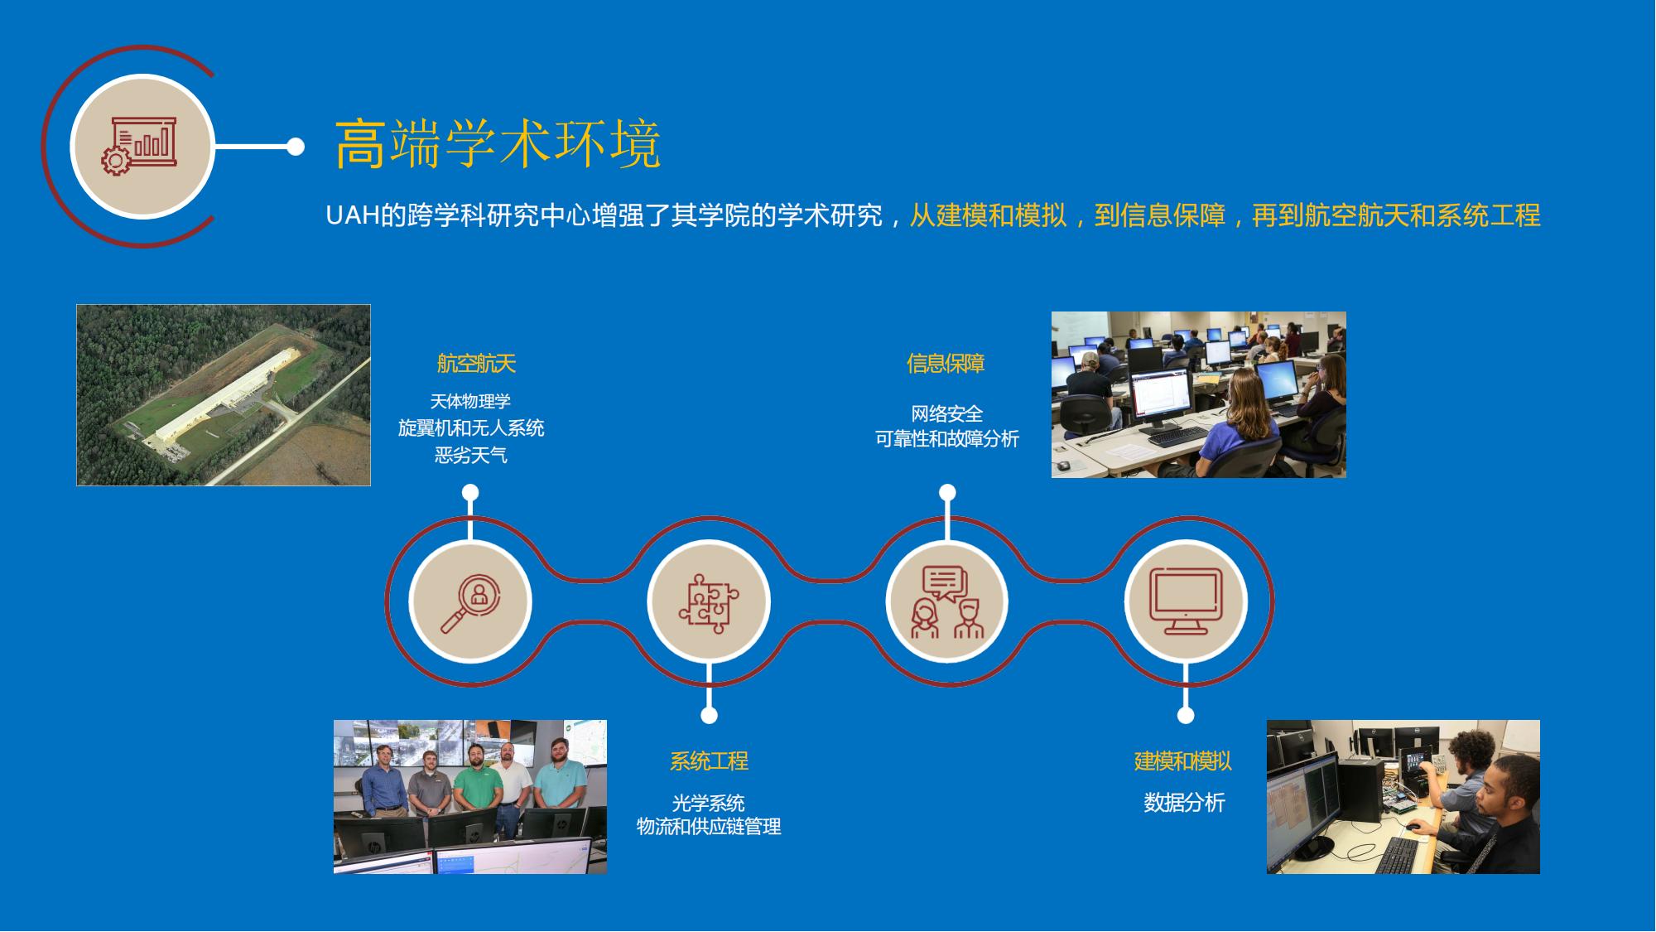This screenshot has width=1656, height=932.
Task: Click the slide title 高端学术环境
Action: coord(498,144)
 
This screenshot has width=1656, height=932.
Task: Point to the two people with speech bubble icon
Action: coord(947,602)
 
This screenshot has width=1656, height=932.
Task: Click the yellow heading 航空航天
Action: coord(476,363)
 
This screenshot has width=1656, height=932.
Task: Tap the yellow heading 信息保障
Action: coord(946,363)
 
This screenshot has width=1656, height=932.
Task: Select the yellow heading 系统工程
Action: coord(709,761)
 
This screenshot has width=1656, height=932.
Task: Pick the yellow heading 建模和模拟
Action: coord(1183,761)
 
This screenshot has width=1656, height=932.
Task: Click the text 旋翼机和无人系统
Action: coord(471,428)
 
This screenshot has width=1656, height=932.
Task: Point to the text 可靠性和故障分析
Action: coord(947,439)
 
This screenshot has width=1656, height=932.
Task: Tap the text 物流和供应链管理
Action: coord(709,827)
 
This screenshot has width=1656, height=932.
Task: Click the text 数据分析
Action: coord(1184,802)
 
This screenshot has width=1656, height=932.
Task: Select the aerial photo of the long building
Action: coord(224,395)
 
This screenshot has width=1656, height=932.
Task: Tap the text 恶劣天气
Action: coord(470,455)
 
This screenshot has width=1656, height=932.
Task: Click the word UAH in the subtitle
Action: coord(353,215)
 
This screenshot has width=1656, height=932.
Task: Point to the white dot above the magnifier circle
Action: coord(470,493)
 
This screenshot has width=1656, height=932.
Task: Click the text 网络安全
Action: coord(946,413)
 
